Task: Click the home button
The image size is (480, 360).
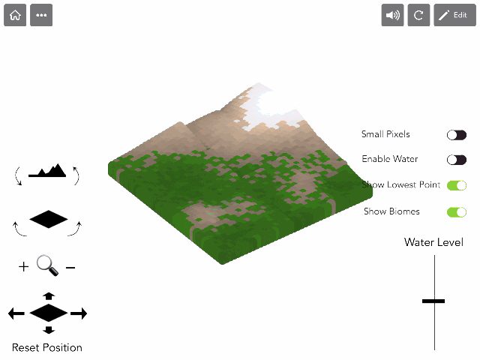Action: point(15,15)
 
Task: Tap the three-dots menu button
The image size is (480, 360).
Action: point(41,15)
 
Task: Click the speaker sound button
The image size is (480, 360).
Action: point(392,15)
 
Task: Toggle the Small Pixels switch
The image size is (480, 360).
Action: point(457,135)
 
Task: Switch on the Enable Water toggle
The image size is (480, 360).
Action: point(457,160)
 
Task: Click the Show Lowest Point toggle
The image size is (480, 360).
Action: point(457,185)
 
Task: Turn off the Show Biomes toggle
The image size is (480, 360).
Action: point(457,211)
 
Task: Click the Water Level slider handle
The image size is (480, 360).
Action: point(433,301)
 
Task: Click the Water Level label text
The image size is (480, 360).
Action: point(433,242)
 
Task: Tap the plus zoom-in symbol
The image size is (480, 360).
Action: point(24,266)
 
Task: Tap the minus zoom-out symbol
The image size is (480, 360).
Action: point(70,267)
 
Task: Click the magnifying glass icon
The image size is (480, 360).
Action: point(46,265)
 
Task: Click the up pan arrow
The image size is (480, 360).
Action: point(49,296)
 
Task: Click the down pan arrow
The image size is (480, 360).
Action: point(49,330)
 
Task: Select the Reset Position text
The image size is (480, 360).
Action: point(47,347)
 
